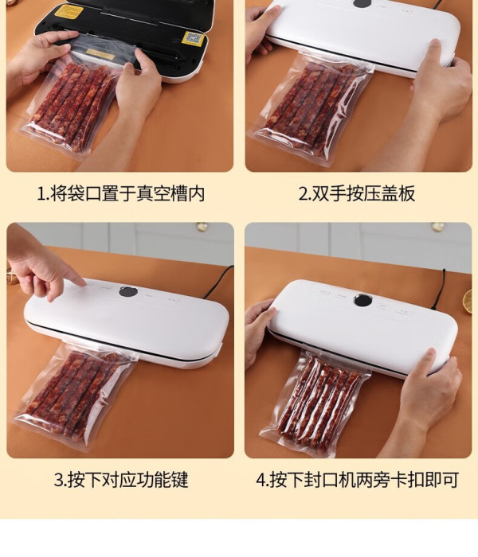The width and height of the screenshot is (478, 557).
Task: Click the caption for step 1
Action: tap(121, 193)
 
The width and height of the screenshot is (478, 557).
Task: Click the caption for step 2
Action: tap(357, 193)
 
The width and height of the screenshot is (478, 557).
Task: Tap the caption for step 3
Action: tap(121, 480)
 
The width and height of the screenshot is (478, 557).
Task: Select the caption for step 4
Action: tap(357, 480)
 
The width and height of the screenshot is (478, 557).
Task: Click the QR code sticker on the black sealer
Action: tap(194, 38)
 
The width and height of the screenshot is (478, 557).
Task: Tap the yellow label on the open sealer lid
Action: tap(69, 12)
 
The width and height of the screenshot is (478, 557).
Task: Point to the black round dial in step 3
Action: tap(128, 292)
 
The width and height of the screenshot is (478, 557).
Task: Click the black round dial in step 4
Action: tap(363, 300)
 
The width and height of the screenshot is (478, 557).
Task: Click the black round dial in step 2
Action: tap(362, 3)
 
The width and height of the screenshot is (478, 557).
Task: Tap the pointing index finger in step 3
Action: tap(73, 276)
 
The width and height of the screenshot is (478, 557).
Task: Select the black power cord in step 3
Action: tap(217, 282)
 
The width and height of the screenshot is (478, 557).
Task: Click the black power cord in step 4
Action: tap(440, 289)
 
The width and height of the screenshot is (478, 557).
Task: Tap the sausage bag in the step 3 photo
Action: tap(75, 396)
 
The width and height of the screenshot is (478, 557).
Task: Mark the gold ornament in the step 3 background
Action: tap(202, 227)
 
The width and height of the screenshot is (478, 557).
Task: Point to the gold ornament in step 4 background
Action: tap(438, 227)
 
